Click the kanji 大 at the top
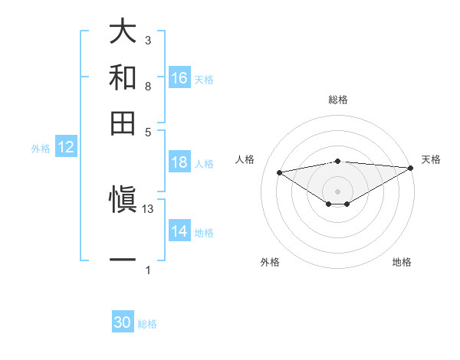(123, 31)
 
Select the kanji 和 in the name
(123, 77)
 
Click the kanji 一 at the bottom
(123, 261)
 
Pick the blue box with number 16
(179, 77)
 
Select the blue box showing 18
(179, 162)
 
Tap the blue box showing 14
(179, 231)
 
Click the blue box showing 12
(66, 147)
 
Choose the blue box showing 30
(123, 322)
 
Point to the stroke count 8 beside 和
(148, 86)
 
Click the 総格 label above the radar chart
(337, 100)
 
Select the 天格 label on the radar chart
(431, 159)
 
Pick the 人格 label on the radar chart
(245, 159)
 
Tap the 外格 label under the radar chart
(270, 262)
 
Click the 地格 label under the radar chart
(402, 262)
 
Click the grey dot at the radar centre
(337, 191)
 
